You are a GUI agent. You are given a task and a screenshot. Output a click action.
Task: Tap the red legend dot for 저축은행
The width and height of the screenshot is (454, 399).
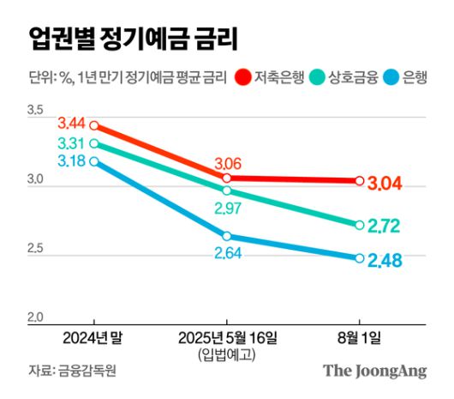(244, 78)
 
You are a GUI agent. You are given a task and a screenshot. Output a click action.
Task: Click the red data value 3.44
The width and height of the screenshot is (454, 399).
(73, 125)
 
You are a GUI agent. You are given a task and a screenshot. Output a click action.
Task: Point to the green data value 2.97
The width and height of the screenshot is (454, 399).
(227, 210)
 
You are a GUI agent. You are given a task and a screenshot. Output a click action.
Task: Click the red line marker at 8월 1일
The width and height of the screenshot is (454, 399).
(359, 180)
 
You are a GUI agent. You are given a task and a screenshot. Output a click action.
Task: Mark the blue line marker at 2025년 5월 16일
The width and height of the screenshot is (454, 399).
(227, 236)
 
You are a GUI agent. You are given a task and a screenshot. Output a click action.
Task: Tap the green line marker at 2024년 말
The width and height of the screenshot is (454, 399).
(93, 143)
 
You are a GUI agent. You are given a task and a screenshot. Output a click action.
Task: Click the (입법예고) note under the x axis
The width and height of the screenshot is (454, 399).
(227, 354)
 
